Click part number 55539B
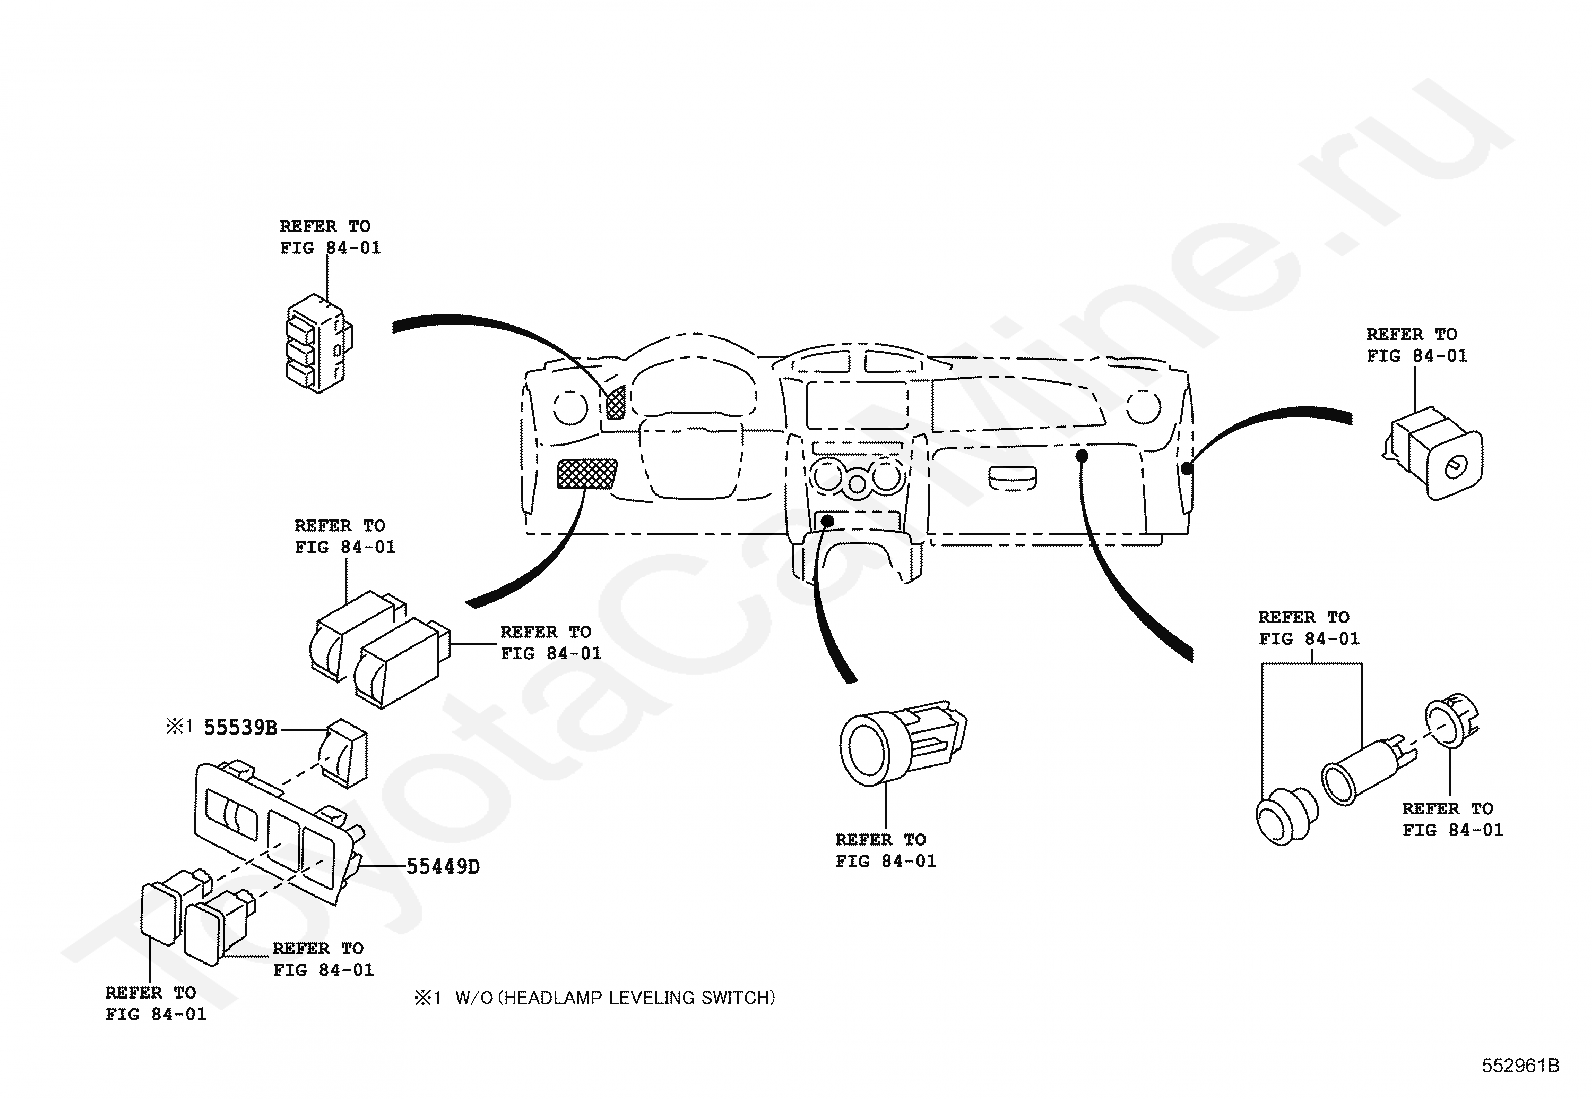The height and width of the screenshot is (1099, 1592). coord(240,728)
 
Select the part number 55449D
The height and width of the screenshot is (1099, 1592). coord(443,867)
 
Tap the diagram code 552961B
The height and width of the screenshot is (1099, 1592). coord(1521,1066)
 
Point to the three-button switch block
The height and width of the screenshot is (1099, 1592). coord(318,343)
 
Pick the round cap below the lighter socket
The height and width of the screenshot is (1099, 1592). coord(1286,815)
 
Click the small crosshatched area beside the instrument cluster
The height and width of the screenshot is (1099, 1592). coord(615,402)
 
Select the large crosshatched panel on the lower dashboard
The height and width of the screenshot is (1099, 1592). coord(586,474)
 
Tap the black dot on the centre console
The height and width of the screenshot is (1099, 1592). coord(827,521)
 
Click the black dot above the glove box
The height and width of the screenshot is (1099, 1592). coord(1082,455)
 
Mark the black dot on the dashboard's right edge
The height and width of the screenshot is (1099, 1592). coord(1186,468)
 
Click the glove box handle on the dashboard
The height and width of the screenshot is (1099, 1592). coord(1012,478)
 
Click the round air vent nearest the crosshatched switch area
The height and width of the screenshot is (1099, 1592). coord(571,408)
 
